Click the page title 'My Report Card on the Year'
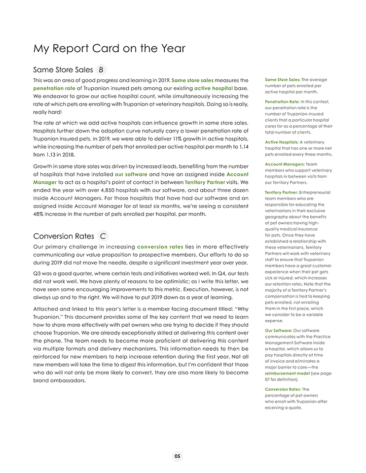[109, 48]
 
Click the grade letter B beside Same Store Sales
[101, 69]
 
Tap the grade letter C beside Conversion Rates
[103, 236]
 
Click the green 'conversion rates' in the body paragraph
[160, 246]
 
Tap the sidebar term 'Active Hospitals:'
[281, 142]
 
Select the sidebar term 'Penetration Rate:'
[282, 101]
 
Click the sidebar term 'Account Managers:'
[284, 164]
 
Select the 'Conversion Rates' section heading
[63, 236]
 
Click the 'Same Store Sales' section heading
[63, 69]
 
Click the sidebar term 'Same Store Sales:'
[282, 80]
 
